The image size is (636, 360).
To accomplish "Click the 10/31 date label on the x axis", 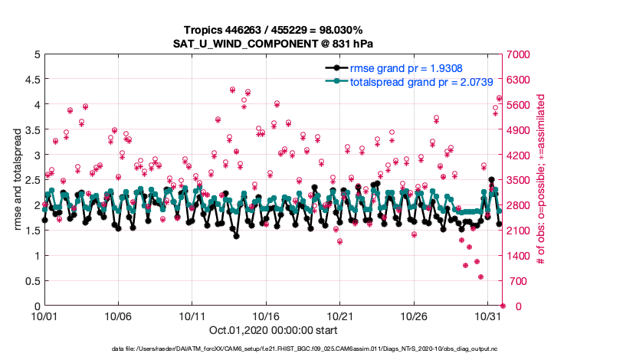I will coord(488,316).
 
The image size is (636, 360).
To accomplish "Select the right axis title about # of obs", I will coord(541,180).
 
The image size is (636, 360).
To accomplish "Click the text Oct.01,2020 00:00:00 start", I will coord(273,332).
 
